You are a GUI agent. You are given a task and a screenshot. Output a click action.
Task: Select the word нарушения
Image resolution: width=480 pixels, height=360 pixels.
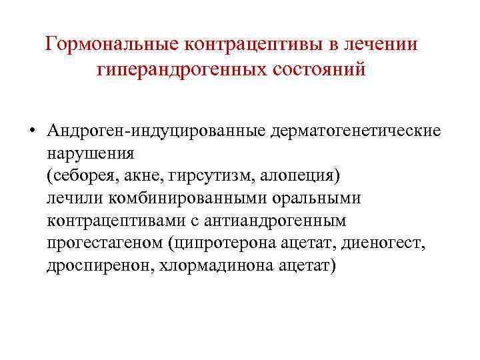tap(90, 153)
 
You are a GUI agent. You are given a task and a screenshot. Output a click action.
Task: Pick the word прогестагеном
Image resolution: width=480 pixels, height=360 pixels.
tap(107, 243)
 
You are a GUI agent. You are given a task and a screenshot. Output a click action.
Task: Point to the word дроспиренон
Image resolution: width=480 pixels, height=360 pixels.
tap(91, 266)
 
